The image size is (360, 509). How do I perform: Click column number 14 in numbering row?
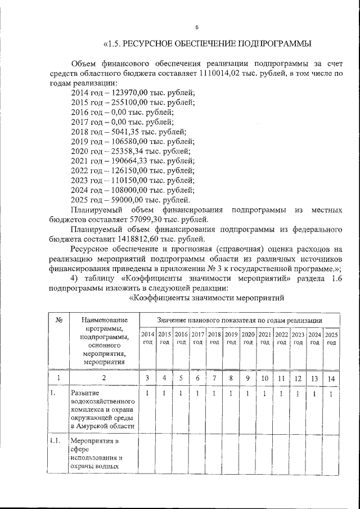click(x=332, y=379)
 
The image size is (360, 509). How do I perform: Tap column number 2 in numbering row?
click(x=101, y=379)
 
